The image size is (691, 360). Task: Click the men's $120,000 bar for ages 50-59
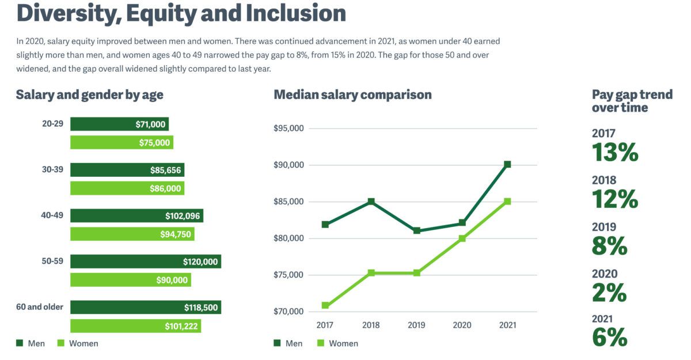145,262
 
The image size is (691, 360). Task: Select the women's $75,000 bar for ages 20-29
122,143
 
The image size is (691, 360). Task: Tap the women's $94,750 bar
132,234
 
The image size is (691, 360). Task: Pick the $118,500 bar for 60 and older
145,308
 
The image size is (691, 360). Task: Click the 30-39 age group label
52,170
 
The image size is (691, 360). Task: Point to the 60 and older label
40,307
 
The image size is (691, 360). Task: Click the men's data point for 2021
507,165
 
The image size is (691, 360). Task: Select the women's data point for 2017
325,305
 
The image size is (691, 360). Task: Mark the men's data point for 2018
371,202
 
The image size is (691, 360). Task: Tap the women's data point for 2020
462,238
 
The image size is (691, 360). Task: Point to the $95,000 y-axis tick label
288,128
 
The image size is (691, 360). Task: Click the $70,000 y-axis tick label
288,312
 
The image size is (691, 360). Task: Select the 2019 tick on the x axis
416,325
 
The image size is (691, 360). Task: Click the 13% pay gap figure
615,153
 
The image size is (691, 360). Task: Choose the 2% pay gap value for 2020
609,293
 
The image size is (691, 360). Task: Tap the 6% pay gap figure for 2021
609,338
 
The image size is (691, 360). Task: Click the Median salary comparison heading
352,95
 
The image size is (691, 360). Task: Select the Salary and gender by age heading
89,95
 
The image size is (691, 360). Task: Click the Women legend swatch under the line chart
321,343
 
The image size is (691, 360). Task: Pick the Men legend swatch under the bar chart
19,343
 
